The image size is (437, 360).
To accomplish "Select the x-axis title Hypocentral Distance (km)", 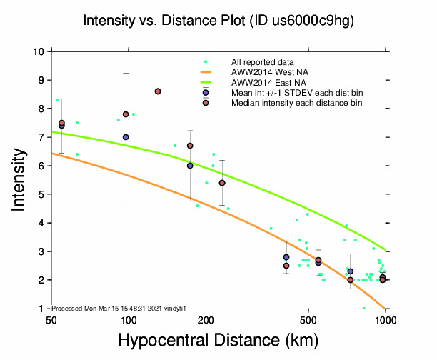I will (218, 340).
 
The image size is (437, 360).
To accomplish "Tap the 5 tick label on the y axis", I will (40, 194).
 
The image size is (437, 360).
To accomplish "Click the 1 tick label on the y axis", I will (40, 309).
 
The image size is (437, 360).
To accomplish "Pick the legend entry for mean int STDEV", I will (301, 92).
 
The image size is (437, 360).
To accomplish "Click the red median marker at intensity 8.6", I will (158, 91).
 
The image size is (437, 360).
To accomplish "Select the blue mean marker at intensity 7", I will (126, 137).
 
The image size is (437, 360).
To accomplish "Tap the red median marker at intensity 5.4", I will (222, 183).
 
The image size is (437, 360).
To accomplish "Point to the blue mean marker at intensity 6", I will (190, 166).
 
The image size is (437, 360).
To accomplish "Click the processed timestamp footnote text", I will (119, 308).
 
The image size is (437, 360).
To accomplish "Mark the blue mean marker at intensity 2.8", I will (286, 257).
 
